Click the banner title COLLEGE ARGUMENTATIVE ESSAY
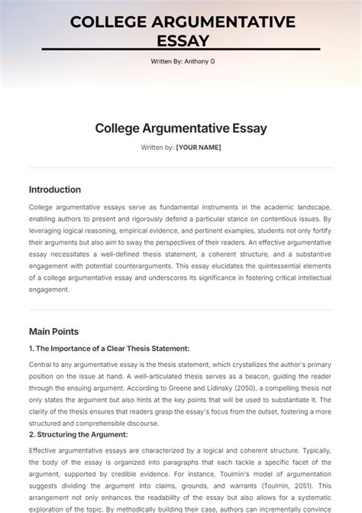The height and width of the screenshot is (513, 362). pyautogui.click(x=182, y=31)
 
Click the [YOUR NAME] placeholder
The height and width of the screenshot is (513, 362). pyautogui.click(x=198, y=147)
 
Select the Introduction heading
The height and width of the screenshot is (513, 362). pyautogui.click(x=54, y=190)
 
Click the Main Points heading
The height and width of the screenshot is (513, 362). pyautogui.click(x=53, y=332)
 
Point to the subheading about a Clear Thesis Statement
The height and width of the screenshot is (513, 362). pyautogui.click(x=89, y=349)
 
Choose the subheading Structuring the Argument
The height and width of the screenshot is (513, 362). pyautogui.click(x=79, y=434)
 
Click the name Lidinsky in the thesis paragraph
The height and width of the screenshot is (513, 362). pyautogui.click(x=188, y=388)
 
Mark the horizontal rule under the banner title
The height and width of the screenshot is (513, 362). pyautogui.click(x=182, y=50)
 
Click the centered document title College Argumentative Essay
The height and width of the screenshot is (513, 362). pyautogui.click(x=181, y=128)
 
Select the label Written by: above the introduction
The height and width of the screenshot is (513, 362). pyautogui.click(x=157, y=147)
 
